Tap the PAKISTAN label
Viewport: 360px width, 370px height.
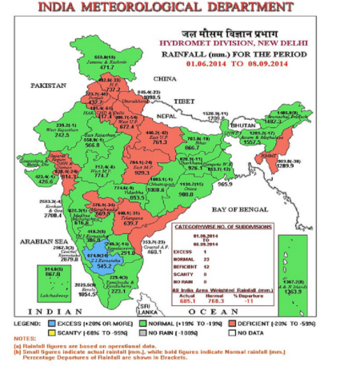click(47, 84)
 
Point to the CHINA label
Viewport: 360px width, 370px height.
click(164, 79)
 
